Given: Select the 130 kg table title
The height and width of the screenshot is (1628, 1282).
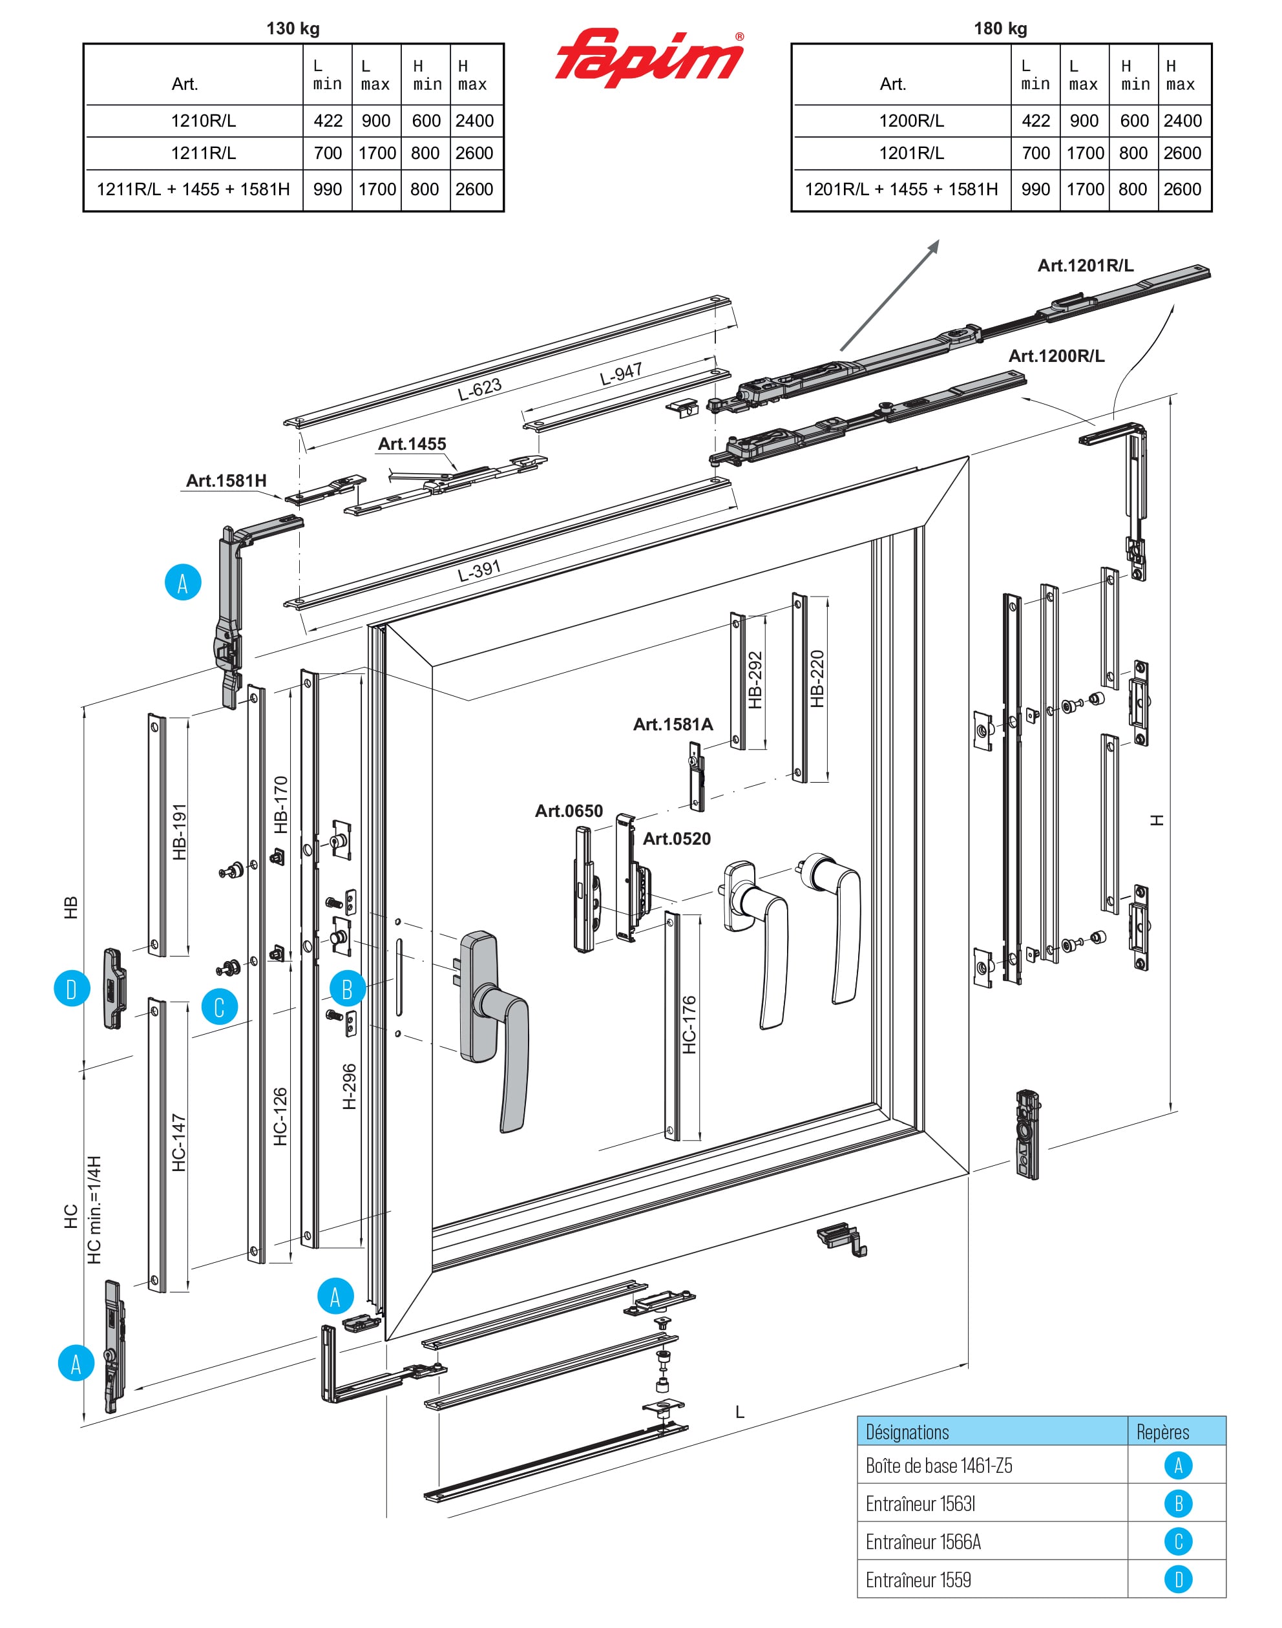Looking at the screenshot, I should pos(293,28).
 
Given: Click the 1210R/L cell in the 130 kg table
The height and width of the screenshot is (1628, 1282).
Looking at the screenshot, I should pos(203,121).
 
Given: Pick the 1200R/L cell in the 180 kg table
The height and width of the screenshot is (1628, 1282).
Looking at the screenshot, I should pos(910,121).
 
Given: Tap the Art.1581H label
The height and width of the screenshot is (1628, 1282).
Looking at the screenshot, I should pos(226,480).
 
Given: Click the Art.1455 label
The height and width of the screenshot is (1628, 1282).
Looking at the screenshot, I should pos(412,443).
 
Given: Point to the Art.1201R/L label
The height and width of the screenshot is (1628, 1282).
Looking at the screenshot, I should pos(1085,266).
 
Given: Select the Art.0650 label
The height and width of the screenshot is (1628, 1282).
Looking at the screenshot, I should pos(568,810).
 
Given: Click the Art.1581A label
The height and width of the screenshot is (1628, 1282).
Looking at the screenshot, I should pos(673,724).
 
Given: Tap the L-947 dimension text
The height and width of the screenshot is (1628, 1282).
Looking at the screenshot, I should pos(621,374).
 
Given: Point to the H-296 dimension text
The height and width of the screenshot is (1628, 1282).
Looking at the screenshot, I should pos(349,1086).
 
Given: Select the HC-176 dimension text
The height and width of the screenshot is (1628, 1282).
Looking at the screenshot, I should pos(689,1024).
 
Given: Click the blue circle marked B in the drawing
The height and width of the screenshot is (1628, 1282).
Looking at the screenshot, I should pos(348,989).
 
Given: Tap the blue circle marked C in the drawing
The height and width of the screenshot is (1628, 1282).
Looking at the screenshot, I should pos(219,1008).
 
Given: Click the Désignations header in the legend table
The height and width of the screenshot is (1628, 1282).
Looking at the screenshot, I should pos(907,1432).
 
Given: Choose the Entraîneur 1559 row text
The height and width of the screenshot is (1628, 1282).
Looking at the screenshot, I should pos(918,1580).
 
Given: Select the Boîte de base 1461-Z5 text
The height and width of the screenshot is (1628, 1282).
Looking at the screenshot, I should pos(938,1466).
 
